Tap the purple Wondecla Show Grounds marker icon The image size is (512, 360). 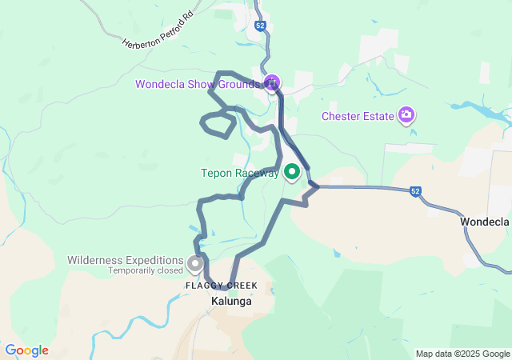[x=272, y=82]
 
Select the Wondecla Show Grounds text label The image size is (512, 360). [x=197, y=84]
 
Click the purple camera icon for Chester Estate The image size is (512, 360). [x=406, y=115]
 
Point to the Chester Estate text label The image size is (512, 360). [x=358, y=116]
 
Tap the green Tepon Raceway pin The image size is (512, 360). [x=291, y=171]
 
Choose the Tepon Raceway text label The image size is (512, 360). [x=240, y=173]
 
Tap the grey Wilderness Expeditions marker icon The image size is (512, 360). [x=194, y=262]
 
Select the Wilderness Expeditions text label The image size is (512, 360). [x=125, y=260]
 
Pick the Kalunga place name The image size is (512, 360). [x=231, y=302]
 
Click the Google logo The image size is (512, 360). [x=26, y=350]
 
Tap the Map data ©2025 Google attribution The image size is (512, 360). [x=462, y=354]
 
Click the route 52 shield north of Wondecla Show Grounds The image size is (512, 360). [x=261, y=26]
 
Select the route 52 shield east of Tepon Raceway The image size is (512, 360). [x=414, y=191]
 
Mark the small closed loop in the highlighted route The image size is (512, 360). [x=218, y=124]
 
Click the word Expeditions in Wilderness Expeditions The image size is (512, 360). [x=155, y=260]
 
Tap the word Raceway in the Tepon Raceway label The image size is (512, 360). [x=257, y=173]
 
